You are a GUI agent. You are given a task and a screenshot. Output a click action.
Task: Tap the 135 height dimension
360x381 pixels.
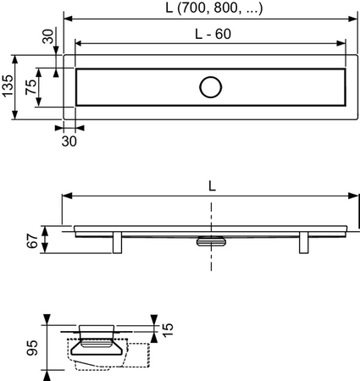[9, 87]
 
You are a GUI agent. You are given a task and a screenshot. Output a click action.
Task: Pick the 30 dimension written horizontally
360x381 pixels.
[69, 141]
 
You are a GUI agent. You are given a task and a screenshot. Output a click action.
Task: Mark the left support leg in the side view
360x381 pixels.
[119, 243]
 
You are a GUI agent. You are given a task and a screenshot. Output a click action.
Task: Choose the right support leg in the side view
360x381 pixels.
[302, 243]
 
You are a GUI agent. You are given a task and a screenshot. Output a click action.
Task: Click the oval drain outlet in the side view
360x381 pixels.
[209, 242]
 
